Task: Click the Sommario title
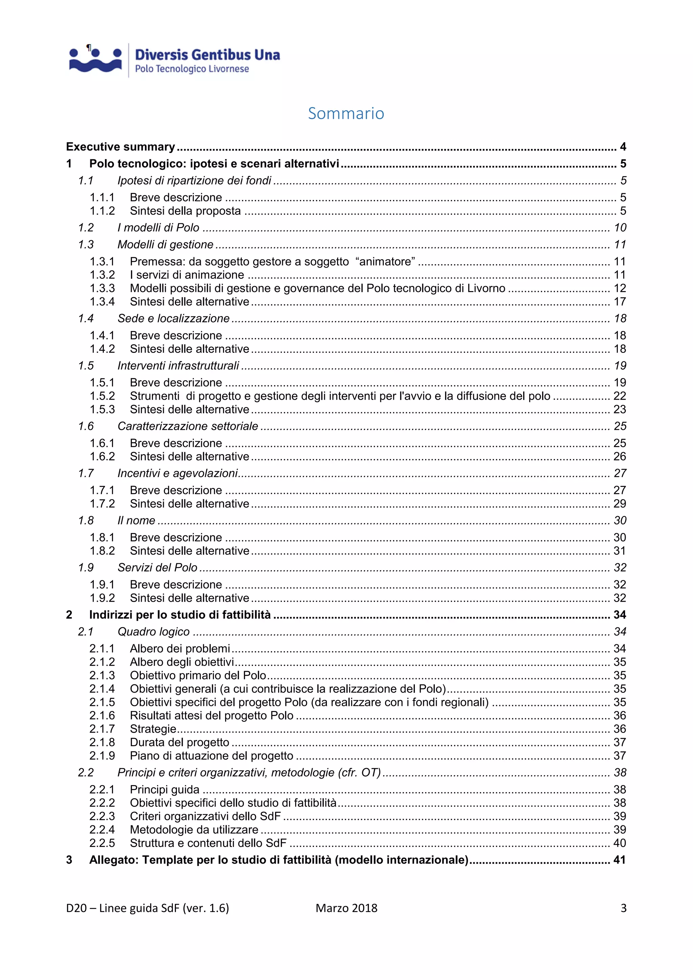pyautogui.click(x=346, y=114)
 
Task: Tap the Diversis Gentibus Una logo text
pyautogui.click(x=207, y=55)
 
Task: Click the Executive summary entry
pyautogui.click(x=120, y=147)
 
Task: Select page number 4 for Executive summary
pyautogui.click(x=623, y=147)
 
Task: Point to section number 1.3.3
pyautogui.click(x=102, y=289)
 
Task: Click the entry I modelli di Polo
pyautogui.click(x=158, y=228)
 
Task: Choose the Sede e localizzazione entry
pyautogui.click(x=173, y=319)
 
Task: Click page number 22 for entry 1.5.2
pyautogui.click(x=620, y=396)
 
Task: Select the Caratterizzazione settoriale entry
pyautogui.click(x=188, y=426)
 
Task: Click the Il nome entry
pyautogui.click(x=136, y=521)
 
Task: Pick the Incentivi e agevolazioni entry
pyautogui.click(x=178, y=473)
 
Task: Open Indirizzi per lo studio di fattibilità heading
pyautogui.click(x=180, y=615)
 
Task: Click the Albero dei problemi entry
pyautogui.click(x=180, y=649)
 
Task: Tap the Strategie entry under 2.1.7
pyautogui.click(x=153, y=729)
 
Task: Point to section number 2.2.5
pyautogui.click(x=102, y=843)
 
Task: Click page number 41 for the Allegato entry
pyautogui.click(x=619, y=860)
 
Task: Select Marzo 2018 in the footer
pyautogui.click(x=346, y=908)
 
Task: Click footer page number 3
pyautogui.click(x=623, y=908)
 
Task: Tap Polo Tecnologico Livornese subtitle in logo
pyautogui.click(x=192, y=69)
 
